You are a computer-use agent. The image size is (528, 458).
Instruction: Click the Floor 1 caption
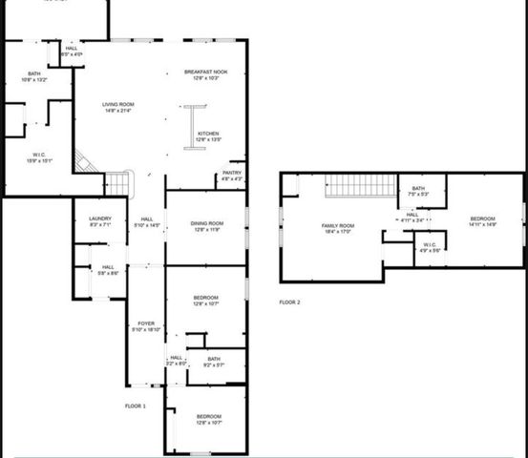coord(135,406)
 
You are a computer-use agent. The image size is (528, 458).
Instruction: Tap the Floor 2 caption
coord(289,302)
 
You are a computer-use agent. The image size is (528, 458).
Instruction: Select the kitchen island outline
coord(188,127)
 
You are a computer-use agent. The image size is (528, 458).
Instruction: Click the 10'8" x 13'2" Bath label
coord(34,77)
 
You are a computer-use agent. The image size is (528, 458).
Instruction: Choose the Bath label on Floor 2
coord(418,191)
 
